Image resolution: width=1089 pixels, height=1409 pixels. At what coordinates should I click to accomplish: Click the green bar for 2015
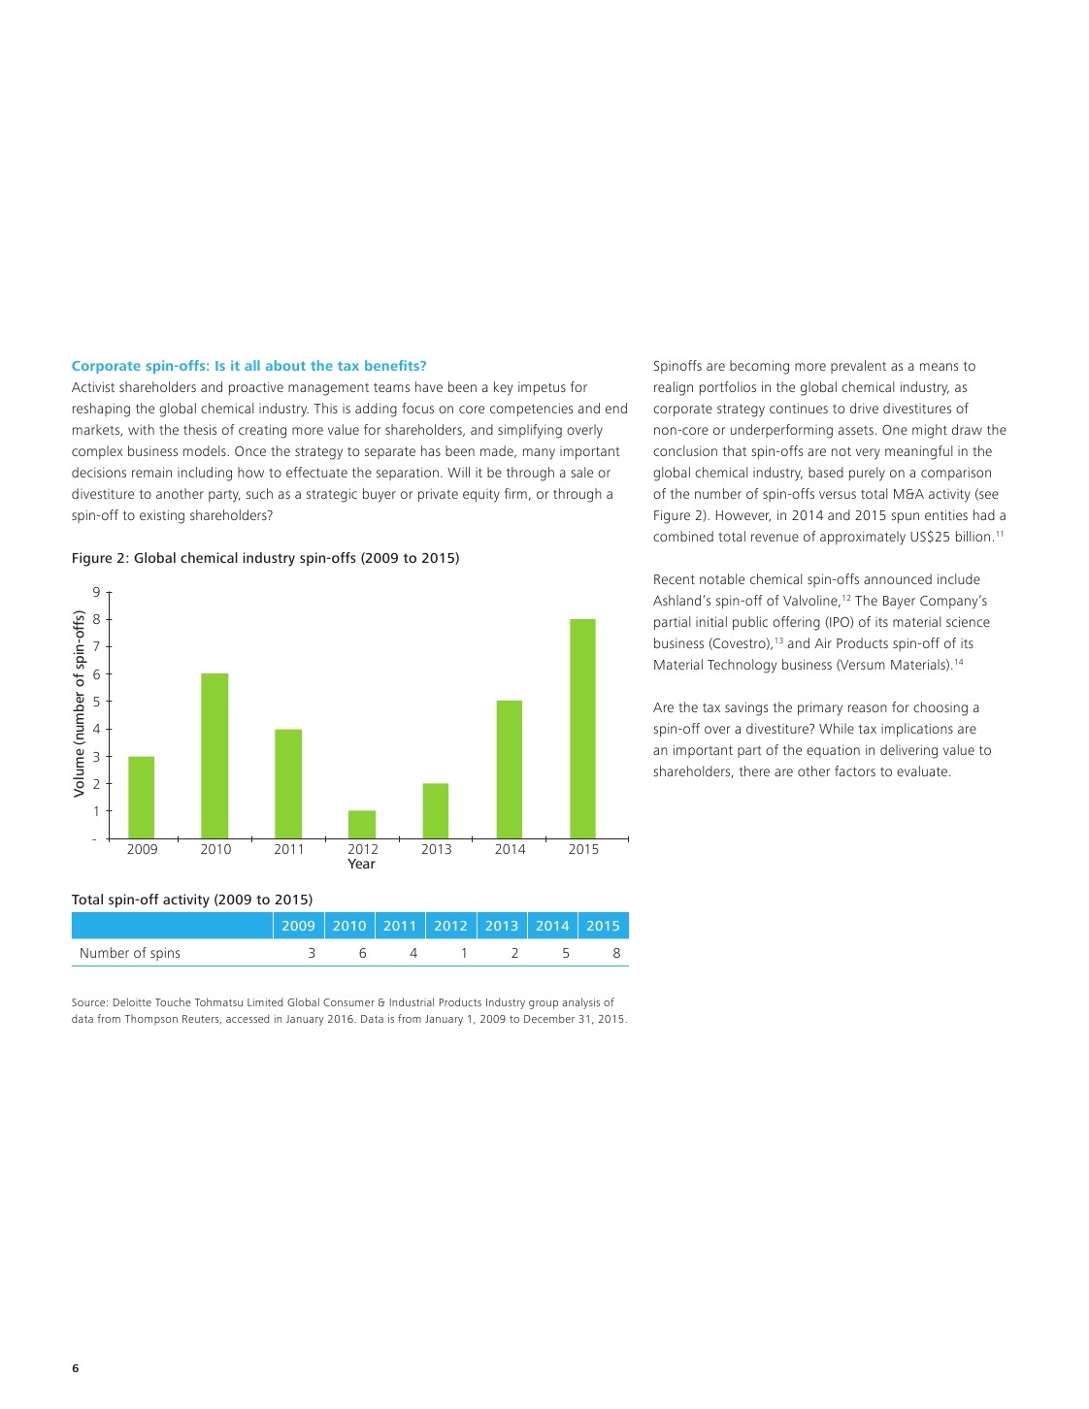click(582, 728)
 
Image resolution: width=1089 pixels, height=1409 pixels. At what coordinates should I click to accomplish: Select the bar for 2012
click(362, 824)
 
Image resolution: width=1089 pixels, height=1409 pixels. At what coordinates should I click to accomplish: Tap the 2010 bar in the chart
click(214, 755)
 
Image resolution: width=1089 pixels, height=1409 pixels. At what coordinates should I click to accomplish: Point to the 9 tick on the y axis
click(96, 592)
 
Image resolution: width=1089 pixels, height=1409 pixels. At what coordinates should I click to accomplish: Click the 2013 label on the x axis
click(436, 849)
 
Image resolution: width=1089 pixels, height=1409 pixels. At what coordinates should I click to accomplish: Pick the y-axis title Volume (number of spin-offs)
click(80, 704)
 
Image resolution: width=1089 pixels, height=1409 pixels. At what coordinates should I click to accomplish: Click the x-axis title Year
click(361, 865)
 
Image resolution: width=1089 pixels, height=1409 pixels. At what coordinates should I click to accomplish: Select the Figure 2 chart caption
click(265, 558)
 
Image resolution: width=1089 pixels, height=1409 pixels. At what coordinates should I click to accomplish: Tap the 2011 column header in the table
click(400, 926)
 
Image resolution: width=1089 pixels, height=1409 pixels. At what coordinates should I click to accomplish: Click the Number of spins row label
click(130, 953)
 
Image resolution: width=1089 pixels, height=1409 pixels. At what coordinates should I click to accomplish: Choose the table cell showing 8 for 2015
click(616, 953)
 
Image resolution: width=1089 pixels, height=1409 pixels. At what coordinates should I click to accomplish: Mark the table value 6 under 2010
click(362, 953)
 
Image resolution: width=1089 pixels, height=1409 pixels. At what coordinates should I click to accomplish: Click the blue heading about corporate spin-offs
click(248, 366)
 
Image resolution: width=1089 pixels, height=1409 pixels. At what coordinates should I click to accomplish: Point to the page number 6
click(76, 1368)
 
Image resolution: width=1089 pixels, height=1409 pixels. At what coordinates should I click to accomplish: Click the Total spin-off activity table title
click(192, 900)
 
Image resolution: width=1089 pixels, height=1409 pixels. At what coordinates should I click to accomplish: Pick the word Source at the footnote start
click(89, 1002)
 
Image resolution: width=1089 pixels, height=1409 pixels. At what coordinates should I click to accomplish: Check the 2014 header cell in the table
click(552, 926)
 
